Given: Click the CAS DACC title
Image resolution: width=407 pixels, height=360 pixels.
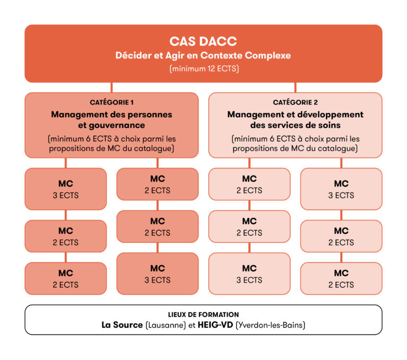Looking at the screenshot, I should [x=203, y=41].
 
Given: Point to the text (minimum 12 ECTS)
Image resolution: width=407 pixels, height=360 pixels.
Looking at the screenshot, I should [x=203, y=69].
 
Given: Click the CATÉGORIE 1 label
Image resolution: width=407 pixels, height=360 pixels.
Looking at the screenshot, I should [x=111, y=102].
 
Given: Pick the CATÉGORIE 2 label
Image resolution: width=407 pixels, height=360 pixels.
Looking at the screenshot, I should [x=296, y=102].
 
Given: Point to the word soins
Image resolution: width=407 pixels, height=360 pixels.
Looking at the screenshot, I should [x=329, y=125].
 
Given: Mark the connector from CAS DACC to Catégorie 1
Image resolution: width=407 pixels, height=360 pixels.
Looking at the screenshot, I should [x=111, y=87].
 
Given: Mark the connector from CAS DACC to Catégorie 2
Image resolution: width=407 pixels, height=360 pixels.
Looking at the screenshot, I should [x=296, y=87].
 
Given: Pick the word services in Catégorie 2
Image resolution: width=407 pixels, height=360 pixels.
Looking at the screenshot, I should [x=290, y=125].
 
